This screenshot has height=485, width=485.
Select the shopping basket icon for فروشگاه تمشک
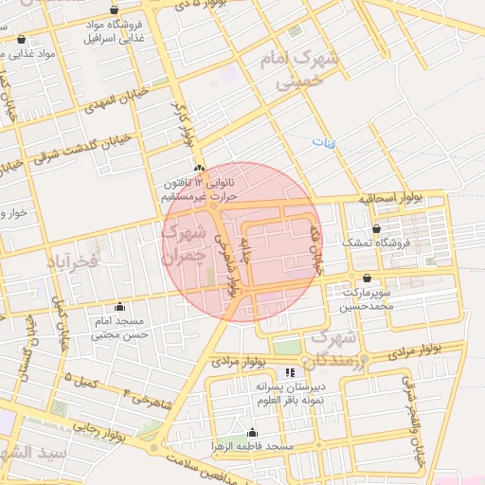tap(377, 228)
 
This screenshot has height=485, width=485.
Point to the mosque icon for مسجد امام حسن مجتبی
tap(119, 306)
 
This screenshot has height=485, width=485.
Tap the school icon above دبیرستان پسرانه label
tap(289, 373)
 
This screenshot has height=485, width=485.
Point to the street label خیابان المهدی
tap(112, 98)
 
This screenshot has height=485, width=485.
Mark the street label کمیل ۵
tap(81, 380)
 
